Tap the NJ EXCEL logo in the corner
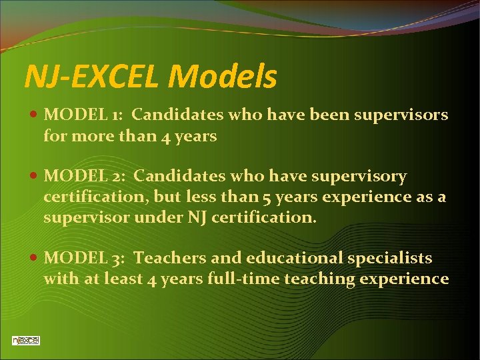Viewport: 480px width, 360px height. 26,340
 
